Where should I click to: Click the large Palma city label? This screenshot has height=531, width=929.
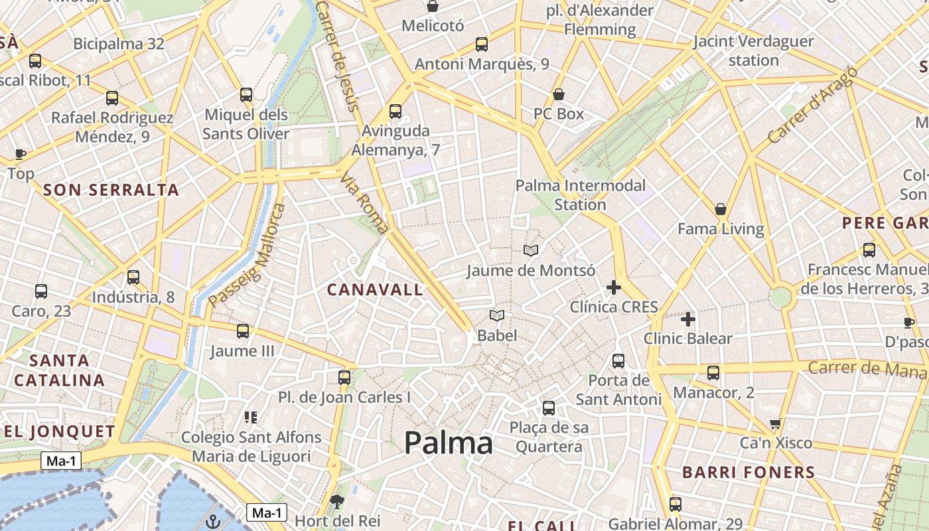(x=448, y=443)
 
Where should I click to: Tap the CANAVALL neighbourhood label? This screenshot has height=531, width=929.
(x=375, y=289)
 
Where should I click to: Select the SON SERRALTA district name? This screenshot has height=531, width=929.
(x=111, y=190)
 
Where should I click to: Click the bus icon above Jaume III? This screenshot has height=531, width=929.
(x=243, y=331)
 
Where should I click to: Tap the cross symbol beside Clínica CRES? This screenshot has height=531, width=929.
(x=614, y=287)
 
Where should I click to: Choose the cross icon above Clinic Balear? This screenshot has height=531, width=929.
(x=688, y=319)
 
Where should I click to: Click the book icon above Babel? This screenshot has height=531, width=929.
(x=497, y=315)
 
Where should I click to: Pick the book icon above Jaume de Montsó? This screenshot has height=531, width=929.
(x=531, y=250)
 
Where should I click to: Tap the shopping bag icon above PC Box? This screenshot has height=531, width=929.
(x=559, y=94)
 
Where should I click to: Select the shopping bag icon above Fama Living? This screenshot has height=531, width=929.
(x=721, y=209)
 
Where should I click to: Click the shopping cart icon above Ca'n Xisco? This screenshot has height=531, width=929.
(x=775, y=423)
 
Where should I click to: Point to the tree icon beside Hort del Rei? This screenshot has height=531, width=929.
(x=337, y=500)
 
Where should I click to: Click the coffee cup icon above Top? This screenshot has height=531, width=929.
(x=21, y=154)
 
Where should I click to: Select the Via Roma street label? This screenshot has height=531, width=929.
(x=364, y=203)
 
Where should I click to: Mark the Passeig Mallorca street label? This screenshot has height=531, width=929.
(x=246, y=256)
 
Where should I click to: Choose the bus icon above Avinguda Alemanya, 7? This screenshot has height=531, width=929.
(x=395, y=111)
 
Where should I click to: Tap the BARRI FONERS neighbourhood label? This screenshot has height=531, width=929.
(x=749, y=473)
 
